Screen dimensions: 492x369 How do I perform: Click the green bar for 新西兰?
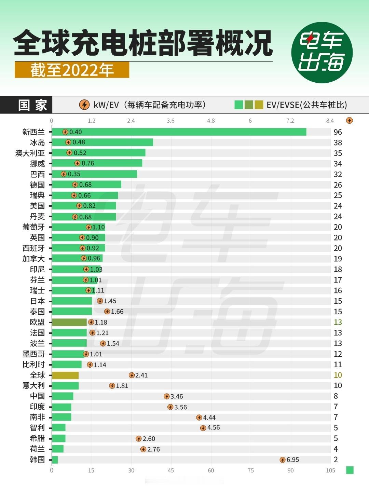click(179, 132)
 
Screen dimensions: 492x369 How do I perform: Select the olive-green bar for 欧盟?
click(69, 322)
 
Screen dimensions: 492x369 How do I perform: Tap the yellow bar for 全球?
click(65, 375)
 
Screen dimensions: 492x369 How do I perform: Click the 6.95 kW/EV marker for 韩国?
click(283, 460)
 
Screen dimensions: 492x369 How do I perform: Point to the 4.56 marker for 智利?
click(203, 428)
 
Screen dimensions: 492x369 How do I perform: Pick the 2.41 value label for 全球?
click(141, 375)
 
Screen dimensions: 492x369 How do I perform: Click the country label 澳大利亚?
click(30, 153)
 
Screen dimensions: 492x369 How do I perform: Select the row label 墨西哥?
click(33, 354)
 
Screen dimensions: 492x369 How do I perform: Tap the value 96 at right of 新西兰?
click(338, 132)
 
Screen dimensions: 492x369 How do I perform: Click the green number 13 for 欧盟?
click(338, 322)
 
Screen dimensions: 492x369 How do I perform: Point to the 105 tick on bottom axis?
click(330, 470)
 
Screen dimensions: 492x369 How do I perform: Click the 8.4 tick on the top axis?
click(330, 121)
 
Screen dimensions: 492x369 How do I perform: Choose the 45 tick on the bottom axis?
click(171, 470)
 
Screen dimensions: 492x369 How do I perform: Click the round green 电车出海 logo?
click(322, 52)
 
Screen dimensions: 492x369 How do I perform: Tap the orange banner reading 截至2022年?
click(72, 70)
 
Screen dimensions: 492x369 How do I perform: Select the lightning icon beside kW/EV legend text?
click(84, 105)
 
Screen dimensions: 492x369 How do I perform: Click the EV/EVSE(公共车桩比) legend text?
click(306, 105)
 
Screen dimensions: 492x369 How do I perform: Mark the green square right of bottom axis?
click(350, 470)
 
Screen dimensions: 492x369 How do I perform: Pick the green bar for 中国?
click(63, 396)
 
